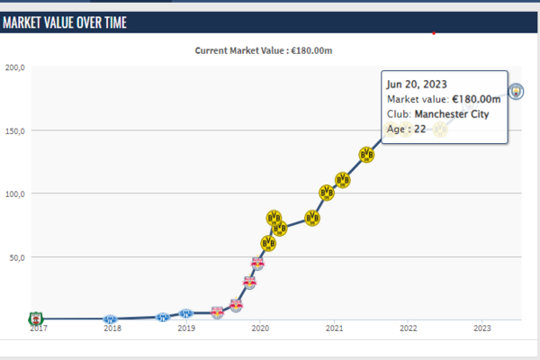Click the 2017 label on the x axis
[38, 328]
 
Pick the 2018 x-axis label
[112, 328]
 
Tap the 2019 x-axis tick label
[185, 328]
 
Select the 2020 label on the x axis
[260, 328]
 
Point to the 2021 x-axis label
[334, 328]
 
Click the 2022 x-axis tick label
[408, 328]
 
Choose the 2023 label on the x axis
[481, 328]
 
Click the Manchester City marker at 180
[517, 91]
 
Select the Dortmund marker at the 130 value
[366, 155]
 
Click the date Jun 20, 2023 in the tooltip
[417, 84]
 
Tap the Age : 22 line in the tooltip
[406, 130]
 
